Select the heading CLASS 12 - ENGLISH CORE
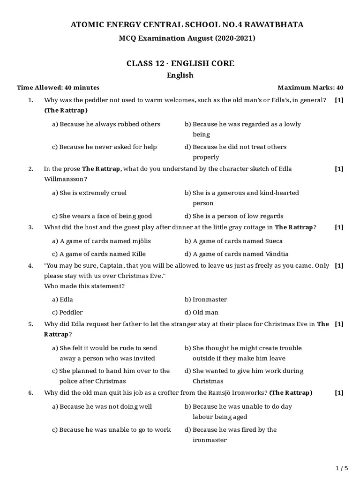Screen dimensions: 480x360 pos(180,63)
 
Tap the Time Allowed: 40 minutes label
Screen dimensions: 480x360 pos(58,88)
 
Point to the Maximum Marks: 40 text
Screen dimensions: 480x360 pos(310,88)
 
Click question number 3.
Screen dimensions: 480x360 pos(30,227)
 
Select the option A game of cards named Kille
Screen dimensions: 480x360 pos(99,254)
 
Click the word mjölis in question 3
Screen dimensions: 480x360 pos(142,241)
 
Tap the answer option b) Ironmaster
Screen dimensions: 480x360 pos(206,300)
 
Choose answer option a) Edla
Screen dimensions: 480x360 pos(62,300)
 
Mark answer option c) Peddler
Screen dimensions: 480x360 pos(67,313)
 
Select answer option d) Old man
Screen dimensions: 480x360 pos(202,313)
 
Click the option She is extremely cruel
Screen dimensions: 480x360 pos(89,193)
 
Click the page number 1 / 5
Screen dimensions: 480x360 pos(342,468)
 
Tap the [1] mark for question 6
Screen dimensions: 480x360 pos(339,393)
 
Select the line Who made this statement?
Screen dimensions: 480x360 pos(84,286)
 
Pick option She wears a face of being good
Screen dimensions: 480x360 pos(102,216)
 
